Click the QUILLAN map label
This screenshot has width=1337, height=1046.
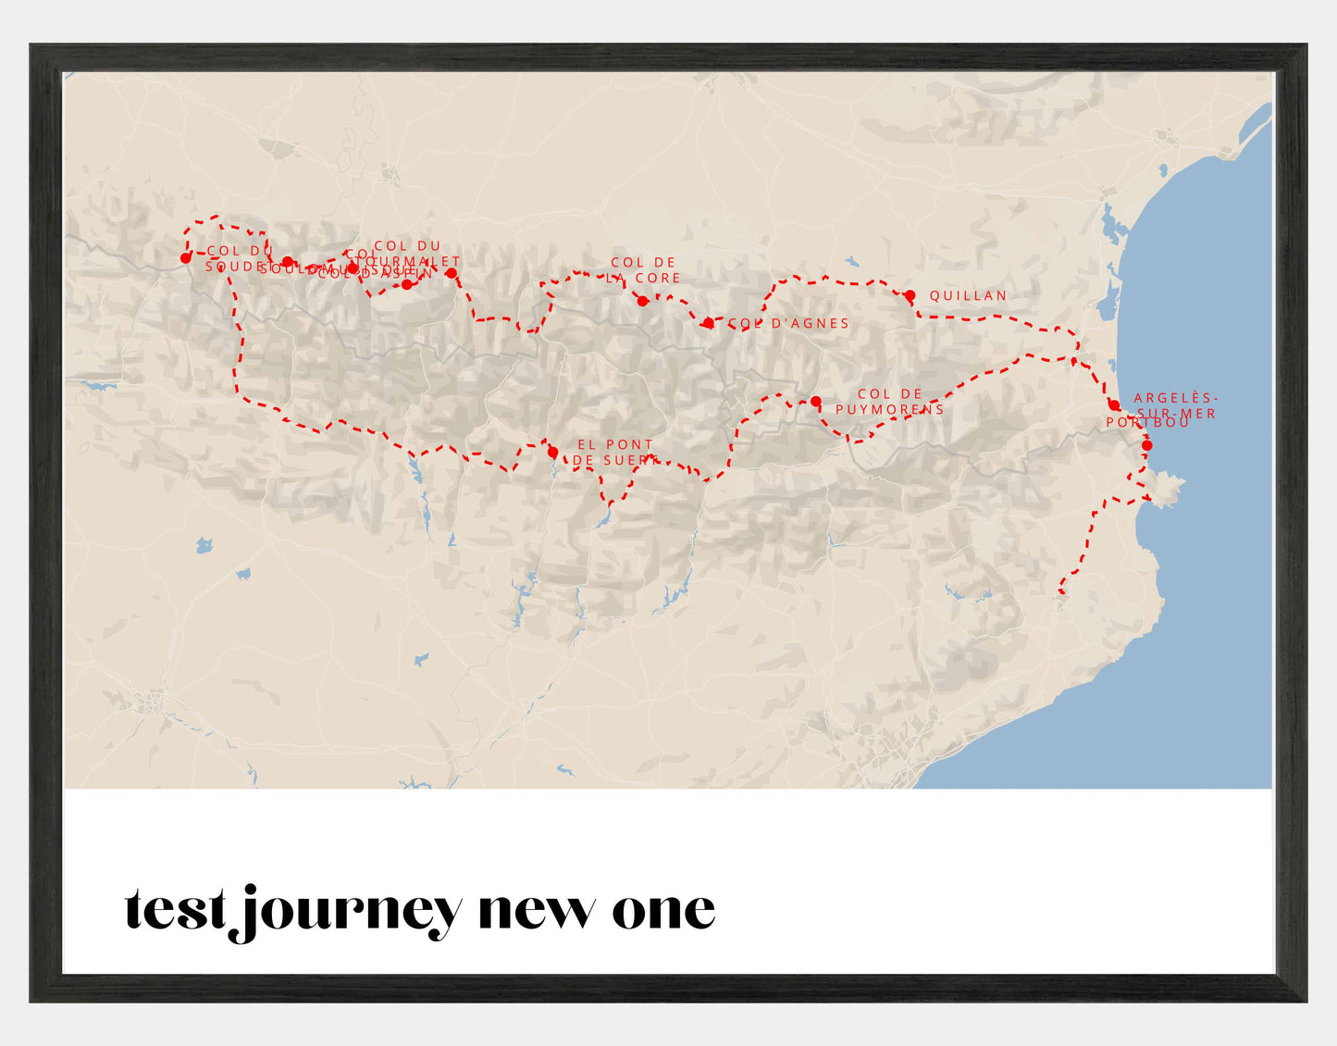(x=968, y=296)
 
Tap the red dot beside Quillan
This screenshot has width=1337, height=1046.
(x=910, y=295)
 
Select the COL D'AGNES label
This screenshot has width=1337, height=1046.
(x=788, y=323)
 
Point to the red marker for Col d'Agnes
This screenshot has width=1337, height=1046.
(x=708, y=323)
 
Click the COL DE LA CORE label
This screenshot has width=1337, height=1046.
(x=645, y=269)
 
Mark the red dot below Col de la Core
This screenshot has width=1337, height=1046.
(x=642, y=301)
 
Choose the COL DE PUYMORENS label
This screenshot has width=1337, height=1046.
(x=890, y=402)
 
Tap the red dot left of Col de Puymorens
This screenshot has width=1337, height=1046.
(x=815, y=402)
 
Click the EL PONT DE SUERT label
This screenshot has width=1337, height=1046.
(x=615, y=452)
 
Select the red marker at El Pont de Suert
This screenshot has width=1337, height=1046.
(x=552, y=453)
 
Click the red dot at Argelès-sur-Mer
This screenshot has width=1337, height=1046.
(x=1114, y=405)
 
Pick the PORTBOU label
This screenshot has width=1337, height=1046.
(x=1148, y=422)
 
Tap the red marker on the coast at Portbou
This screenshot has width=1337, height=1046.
(x=1146, y=445)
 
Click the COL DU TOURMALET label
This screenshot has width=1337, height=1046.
(x=408, y=254)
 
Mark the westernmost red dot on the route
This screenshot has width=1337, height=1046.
(x=186, y=258)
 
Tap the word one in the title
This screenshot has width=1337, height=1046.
(x=663, y=911)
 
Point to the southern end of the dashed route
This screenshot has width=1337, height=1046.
(x=1061, y=591)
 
